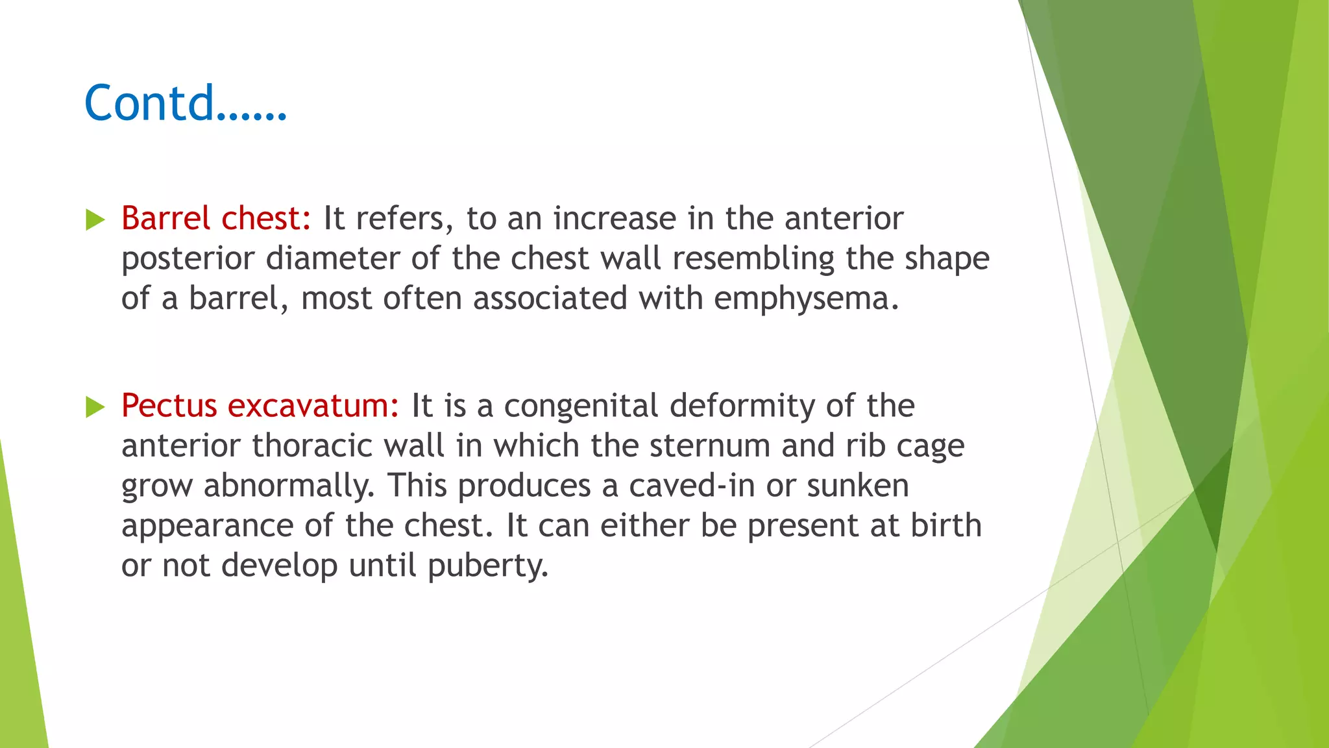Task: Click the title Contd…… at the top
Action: click(185, 103)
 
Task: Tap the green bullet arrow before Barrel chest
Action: click(95, 220)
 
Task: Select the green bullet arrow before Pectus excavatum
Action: click(95, 407)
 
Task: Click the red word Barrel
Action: click(165, 218)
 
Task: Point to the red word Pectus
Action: click(169, 406)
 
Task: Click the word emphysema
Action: click(806, 299)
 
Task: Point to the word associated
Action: click(550, 299)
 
